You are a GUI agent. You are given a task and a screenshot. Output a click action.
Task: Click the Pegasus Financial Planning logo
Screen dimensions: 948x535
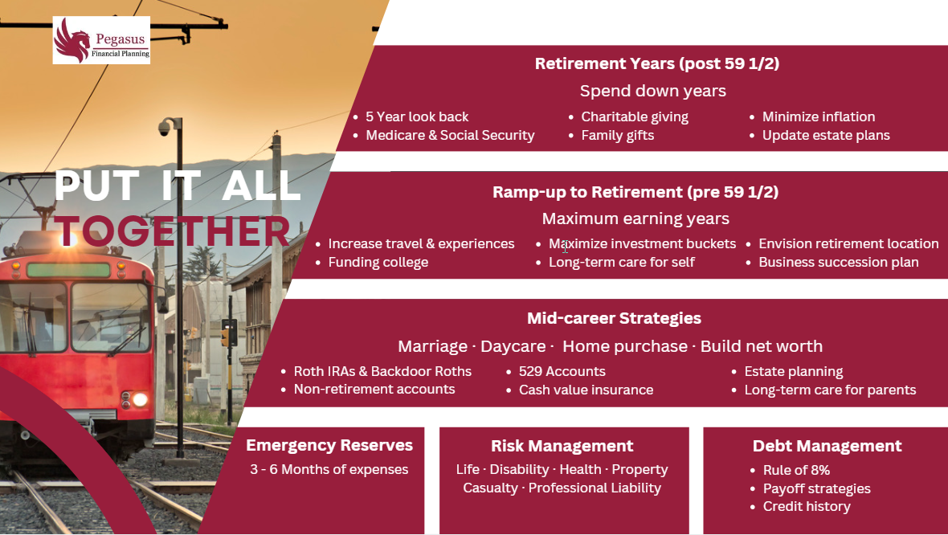(101, 40)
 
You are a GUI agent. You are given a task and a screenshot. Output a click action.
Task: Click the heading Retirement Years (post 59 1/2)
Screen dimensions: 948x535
(657, 63)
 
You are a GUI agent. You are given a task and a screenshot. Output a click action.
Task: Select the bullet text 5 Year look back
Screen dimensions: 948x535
(417, 116)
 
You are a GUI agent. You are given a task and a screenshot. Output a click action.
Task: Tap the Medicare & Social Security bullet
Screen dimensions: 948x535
(450, 136)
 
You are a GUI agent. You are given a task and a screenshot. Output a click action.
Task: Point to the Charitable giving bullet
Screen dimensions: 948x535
(635, 116)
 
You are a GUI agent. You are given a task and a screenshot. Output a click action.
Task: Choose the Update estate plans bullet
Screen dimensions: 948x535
(826, 136)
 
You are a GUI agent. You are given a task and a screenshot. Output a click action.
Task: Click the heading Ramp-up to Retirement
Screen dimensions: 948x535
(635, 192)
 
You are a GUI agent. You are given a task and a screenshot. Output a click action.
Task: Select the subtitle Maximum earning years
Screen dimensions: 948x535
(635, 218)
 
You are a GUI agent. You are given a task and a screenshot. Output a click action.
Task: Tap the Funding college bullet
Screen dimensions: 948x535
(378, 263)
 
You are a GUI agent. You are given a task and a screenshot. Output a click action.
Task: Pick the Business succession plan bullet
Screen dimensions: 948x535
(839, 263)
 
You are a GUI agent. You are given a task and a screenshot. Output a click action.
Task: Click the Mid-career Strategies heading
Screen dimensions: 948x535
(614, 319)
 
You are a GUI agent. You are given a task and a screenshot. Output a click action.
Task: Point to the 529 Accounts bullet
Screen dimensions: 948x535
(562, 371)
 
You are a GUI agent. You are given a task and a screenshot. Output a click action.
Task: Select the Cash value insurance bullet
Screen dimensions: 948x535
(586, 390)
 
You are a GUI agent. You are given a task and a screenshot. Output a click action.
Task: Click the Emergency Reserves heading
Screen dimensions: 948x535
(329, 446)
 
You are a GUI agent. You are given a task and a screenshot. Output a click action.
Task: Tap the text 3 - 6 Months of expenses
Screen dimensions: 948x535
(329, 470)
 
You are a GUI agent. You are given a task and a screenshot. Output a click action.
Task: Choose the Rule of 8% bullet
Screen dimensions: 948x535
(796, 470)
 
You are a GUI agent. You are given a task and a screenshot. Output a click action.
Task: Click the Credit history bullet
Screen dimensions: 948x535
(807, 507)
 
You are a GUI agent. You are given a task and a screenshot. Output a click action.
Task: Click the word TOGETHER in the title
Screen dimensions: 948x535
(173, 231)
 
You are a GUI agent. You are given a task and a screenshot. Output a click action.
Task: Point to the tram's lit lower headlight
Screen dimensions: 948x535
(141, 399)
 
